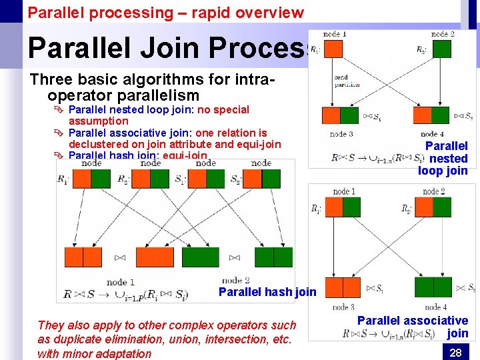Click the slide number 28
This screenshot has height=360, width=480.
click(455, 353)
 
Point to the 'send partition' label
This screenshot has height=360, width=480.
click(347, 81)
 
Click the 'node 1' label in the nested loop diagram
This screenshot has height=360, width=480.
click(335, 34)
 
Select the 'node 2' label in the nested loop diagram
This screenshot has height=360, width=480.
click(443, 34)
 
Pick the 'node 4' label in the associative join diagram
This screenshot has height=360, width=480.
click(435, 307)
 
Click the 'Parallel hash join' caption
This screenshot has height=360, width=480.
click(267, 291)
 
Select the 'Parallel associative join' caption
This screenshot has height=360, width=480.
click(413, 327)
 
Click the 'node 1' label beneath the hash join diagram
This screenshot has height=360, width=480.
click(121, 282)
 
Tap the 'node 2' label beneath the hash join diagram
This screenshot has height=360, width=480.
click(235, 281)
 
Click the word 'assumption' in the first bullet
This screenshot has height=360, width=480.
click(99, 121)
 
